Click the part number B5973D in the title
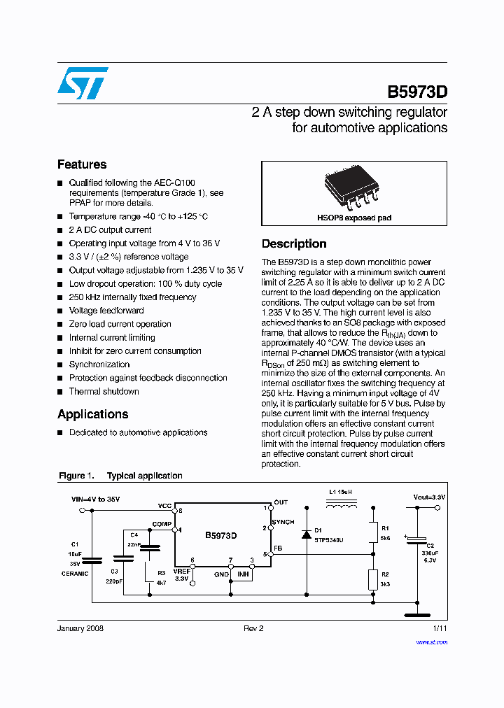click(x=417, y=92)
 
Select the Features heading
click(x=82, y=164)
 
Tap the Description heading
click(x=294, y=243)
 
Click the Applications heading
click(x=92, y=413)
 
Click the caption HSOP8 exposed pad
click(x=354, y=218)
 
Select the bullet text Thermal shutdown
click(x=104, y=391)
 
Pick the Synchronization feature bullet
click(x=99, y=364)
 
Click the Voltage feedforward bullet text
click(x=106, y=311)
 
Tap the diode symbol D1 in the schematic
click(x=306, y=534)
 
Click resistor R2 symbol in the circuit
click(x=374, y=579)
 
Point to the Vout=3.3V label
click(x=429, y=497)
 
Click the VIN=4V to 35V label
click(x=96, y=500)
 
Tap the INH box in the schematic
click(x=243, y=574)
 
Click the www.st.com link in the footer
click(x=434, y=642)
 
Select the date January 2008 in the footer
click(x=80, y=629)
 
